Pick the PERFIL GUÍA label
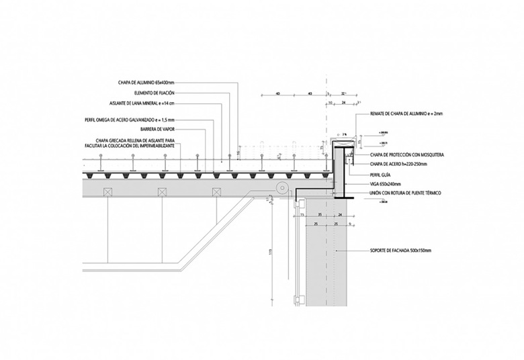(380, 174)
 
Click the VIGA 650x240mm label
(386, 183)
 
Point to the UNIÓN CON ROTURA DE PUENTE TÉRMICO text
(402, 193)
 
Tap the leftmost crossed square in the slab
(107, 193)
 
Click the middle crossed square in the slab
(162, 193)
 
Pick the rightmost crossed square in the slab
(216, 193)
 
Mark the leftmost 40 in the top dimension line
(277, 94)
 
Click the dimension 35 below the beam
(320, 214)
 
